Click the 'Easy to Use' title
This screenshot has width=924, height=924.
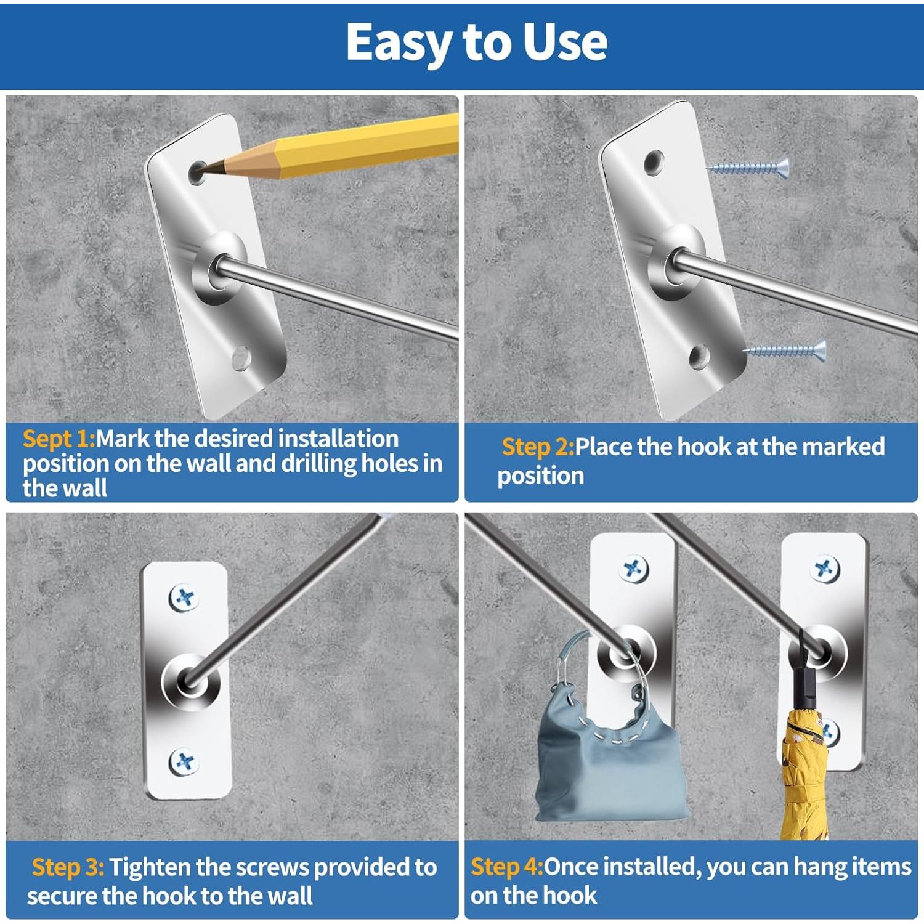[476, 42]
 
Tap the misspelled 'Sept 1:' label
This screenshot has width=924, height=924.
[59, 439]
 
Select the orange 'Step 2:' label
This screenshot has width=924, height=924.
[538, 447]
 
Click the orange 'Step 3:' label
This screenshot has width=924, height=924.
[68, 867]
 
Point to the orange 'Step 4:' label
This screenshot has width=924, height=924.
[507, 867]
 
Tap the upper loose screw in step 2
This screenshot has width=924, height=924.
[748, 167]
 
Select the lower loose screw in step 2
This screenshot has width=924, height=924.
[785, 351]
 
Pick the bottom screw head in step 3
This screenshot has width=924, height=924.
[184, 762]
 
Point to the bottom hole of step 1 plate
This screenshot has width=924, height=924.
[241, 358]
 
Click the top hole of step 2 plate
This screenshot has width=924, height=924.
[653, 163]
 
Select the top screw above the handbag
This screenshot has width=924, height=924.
[634, 569]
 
